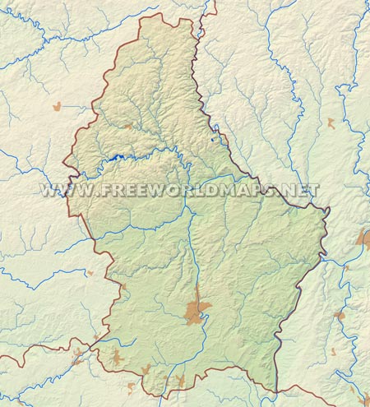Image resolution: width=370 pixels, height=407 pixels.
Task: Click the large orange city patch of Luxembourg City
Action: pos(198,311)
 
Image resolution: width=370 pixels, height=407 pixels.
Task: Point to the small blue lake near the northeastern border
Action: pos(215,139)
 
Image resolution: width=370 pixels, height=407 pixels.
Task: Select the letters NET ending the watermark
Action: pos(301,190)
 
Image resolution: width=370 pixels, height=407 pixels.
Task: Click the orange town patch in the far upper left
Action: pos(58,106)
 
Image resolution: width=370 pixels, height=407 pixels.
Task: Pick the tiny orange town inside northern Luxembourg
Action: pos(129,127)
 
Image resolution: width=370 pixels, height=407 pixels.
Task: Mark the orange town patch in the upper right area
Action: pos(331,123)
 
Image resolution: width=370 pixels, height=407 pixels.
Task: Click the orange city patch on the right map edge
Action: pos(364,239)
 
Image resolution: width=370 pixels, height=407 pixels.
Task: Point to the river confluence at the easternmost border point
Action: pos(329,211)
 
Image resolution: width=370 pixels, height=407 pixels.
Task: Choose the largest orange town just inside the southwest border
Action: pos(116,358)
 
